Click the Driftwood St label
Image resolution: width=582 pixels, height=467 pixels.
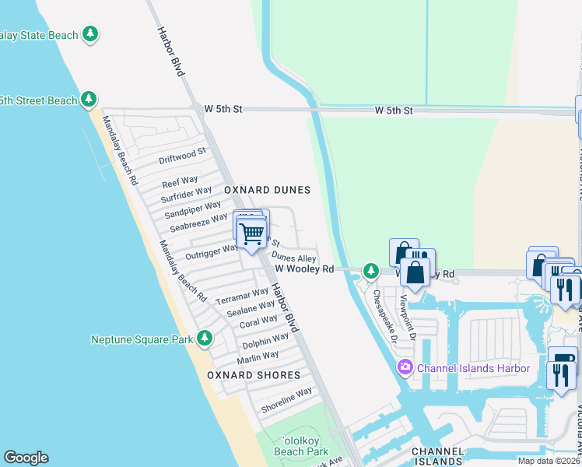pos(182,156)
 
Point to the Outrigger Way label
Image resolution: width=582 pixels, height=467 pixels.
pos(212,252)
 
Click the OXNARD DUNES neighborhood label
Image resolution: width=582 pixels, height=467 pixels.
pos(267,190)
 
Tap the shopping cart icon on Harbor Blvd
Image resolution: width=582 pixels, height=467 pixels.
pos(251,233)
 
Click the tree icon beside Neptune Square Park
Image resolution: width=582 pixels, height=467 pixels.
pos(205,339)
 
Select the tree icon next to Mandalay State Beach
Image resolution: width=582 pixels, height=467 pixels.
pos(91,34)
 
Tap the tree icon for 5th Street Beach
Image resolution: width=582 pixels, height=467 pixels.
pos(89,100)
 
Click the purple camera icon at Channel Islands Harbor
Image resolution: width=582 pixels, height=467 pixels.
pos(405,367)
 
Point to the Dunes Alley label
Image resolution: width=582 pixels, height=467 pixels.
pos(293,258)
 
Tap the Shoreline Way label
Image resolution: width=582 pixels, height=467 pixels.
pos(286,395)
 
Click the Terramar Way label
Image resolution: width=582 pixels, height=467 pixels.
pos(241,297)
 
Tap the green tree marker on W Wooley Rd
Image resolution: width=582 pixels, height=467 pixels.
pos(372,270)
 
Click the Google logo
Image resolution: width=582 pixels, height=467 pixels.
pos(26,458)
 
